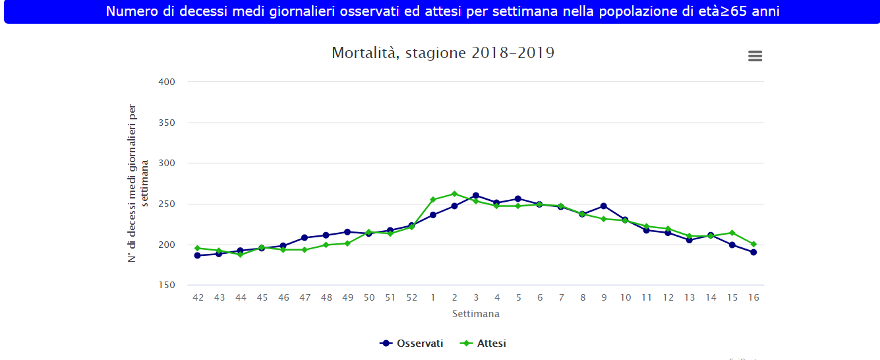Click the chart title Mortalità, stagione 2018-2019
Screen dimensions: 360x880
[x=443, y=53]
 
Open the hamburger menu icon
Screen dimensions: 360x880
[x=755, y=56]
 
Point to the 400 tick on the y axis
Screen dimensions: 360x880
[x=167, y=82]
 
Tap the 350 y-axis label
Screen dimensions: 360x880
[x=167, y=123]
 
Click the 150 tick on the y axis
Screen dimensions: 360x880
[x=167, y=285]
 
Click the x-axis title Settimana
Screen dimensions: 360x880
[x=475, y=314]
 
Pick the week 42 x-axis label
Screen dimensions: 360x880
[x=198, y=297]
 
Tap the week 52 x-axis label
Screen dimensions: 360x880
[x=411, y=297]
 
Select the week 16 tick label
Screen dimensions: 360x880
[x=753, y=297]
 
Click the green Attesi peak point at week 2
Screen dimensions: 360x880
[x=454, y=194]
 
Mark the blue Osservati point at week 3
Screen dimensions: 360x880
[x=475, y=195]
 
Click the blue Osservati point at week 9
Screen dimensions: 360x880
[x=603, y=206]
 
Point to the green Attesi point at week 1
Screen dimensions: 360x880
[x=433, y=200]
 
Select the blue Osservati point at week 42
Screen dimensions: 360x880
[x=198, y=255]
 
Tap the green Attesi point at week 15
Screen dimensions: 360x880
[x=732, y=233]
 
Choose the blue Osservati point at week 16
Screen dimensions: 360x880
[x=753, y=252]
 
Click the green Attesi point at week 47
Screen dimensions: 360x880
[x=305, y=250]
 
